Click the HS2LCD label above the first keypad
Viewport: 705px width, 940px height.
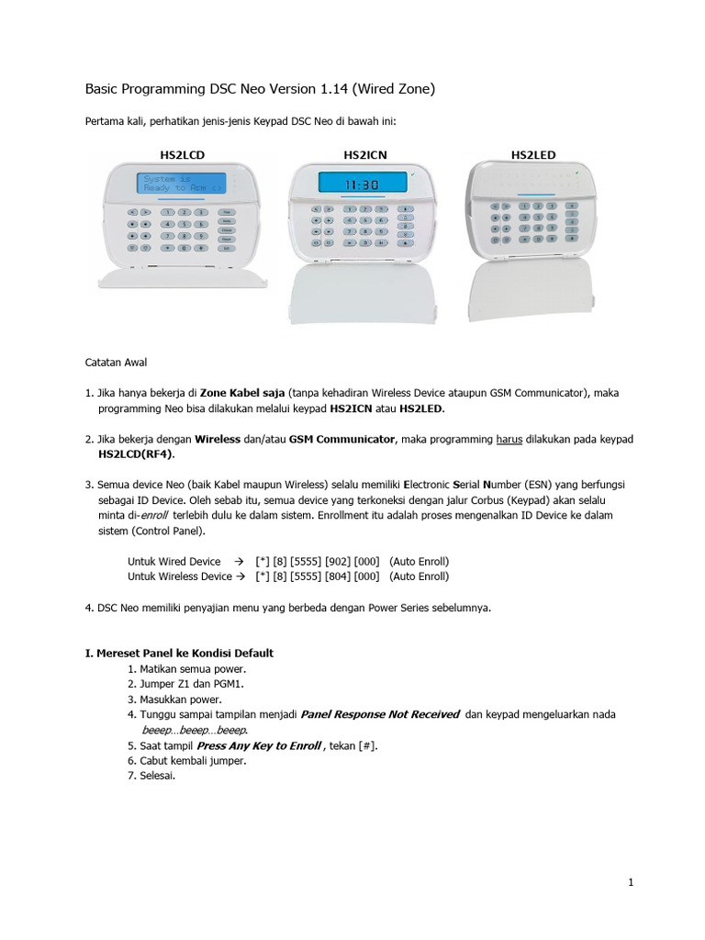[x=180, y=155]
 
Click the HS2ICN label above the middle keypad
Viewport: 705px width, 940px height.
[x=365, y=155]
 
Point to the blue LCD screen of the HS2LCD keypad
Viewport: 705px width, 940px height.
[x=180, y=183]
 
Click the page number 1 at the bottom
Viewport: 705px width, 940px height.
[x=632, y=882]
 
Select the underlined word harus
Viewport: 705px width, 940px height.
[x=509, y=440]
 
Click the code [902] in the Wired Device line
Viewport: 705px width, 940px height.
[x=337, y=561]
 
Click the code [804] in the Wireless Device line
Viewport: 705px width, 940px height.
[x=337, y=576]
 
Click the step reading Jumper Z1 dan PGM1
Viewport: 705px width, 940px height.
[x=180, y=684]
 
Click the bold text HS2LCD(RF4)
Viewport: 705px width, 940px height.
[x=137, y=453]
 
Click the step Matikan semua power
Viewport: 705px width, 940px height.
[x=183, y=668]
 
